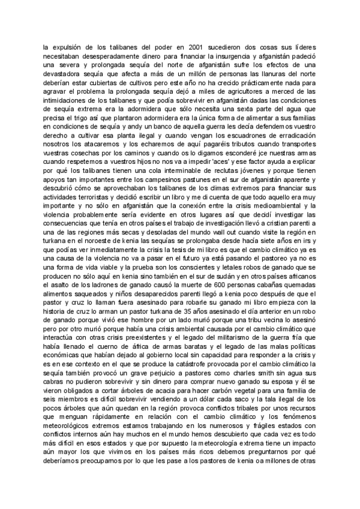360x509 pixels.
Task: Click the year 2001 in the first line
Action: (193, 47)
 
